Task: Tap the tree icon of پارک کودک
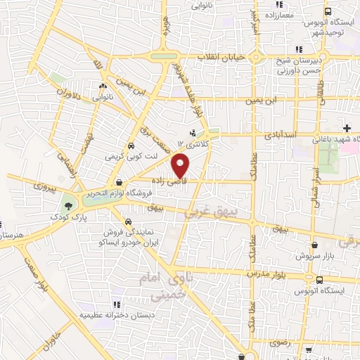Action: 68,206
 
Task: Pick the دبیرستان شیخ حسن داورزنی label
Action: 294,65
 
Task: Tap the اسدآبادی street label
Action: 284,132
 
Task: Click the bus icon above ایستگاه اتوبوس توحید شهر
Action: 328,11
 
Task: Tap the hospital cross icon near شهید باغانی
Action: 347,127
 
